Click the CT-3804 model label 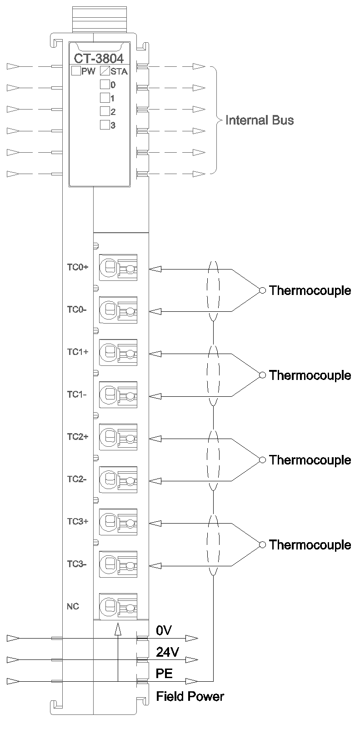click(99, 59)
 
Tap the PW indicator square click(76, 70)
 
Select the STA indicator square click(105, 70)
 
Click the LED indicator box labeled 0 click(105, 84)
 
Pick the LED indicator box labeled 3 click(105, 125)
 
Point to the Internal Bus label click(260, 120)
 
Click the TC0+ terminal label click(77, 267)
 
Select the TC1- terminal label click(77, 394)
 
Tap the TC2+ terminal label click(77, 437)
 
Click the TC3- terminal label click(77, 564)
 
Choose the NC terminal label click(73, 606)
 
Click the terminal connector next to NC click(118, 606)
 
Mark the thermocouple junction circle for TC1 click(262, 375)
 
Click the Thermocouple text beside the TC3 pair click(310, 544)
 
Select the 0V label click(164, 630)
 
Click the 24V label click(167, 652)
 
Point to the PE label click(164, 673)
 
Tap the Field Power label click(190, 696)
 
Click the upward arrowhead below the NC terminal click(118, 629)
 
